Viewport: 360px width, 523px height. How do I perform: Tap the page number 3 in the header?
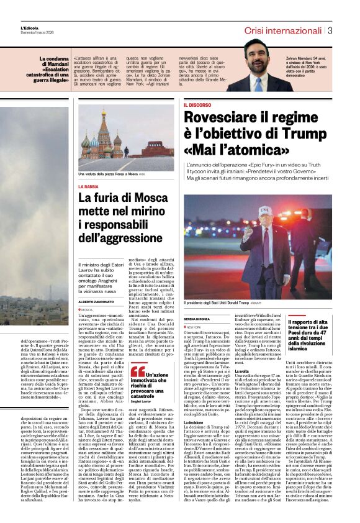331,30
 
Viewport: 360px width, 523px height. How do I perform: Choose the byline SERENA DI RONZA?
198,318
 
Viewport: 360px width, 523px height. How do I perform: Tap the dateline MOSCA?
88,309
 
